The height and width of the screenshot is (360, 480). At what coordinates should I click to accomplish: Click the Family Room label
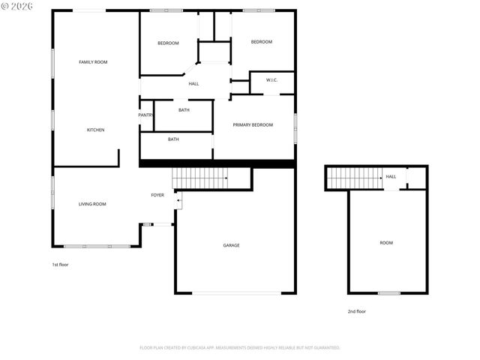click(x=93, y=61)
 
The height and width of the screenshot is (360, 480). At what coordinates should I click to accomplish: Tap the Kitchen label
click(x=95, y=130)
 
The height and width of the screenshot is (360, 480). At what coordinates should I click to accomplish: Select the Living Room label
click(x=92, y=204)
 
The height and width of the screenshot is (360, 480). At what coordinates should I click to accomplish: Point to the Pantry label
click(x=145, y=115)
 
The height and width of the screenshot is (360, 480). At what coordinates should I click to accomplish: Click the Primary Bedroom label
click(x=253, y=124)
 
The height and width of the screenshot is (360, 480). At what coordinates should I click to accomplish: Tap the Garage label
click(x=231, y=245)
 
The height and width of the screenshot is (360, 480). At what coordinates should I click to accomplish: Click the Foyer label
click(x=157, y=195)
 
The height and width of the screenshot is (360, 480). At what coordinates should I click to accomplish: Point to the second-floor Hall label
click(x=391, y=177)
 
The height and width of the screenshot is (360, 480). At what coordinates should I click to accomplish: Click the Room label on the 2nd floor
click(x=386, y=243)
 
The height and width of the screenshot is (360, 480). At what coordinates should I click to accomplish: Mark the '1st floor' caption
click(x=60, y=265)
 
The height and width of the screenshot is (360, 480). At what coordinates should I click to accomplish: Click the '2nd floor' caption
click(x=356, y=311)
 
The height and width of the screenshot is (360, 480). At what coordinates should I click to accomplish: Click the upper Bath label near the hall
click(x=184, y=110)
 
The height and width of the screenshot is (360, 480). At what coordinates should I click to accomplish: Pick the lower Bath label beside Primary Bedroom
click(x=173, y=139)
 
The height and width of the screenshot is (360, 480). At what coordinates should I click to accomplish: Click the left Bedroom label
click(x=168, y=43)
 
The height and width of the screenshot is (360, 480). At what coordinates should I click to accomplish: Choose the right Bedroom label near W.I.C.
click(x=261, y=41)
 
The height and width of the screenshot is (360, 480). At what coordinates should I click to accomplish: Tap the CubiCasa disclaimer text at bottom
click(x=240, y=348)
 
